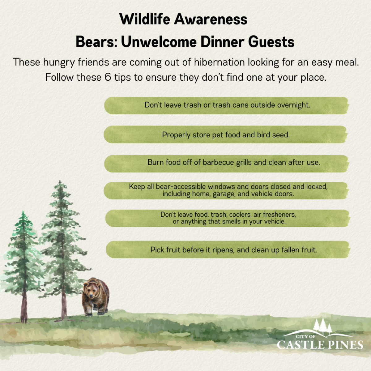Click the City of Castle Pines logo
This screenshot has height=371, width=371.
coord(320,337)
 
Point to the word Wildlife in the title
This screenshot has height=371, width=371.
coord(145,19)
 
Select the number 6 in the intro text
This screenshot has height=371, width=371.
coord(108,77)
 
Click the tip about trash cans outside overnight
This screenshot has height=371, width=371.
coord(227,105)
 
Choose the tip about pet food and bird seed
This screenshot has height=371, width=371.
coord(226,135)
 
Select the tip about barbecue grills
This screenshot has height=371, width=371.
coord(233,162)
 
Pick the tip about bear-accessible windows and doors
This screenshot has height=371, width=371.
coord(228,190)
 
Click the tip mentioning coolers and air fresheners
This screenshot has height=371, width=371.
coord(228,218)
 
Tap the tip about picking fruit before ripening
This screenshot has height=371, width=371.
coord(233,250)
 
